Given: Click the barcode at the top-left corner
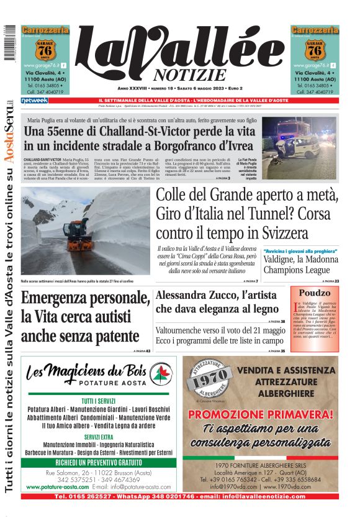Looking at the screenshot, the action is tap(8, 43).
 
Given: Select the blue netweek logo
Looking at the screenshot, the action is tap(34, 100).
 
